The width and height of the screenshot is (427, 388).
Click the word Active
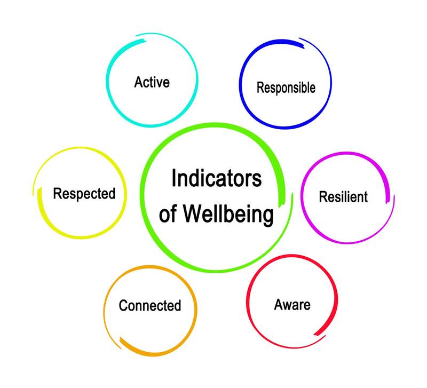pyautogui.click(x=152, y=83)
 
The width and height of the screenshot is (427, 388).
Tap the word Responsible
pyautogui.click(x=286, y=88)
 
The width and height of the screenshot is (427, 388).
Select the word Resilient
pyautogui.click(x=343, y=196)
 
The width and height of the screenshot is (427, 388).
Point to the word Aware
pyautogui.click(x=292, y=305)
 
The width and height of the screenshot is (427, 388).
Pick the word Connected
pyautogui.click(x=150, y=306)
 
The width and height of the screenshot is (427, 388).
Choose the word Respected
pyautogui.click(x=84, y=193)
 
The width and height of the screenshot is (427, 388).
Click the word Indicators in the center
pyautogui.click(x=216, y=179)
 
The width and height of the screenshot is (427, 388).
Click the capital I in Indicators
pyautogui.click(x=173, y=179)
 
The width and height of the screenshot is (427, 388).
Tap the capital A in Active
pyautogui.click(x=138, y=83)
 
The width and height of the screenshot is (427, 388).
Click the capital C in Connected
pyautogui.click(x=123, y=306)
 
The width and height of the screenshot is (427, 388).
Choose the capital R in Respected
pyautogui.click(x=57, y=193)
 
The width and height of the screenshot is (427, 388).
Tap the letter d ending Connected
pyautogui.click(x=178, y=306)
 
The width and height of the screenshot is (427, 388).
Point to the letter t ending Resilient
pyautogui.click(x=366, y=197)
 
